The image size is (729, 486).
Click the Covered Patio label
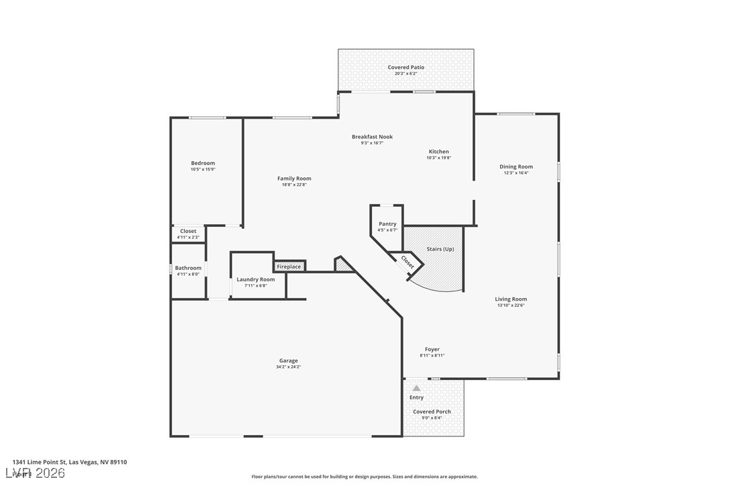tap(405, 67)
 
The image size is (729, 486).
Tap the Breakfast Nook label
tap(372, 137)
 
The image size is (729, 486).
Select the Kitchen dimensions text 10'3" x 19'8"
tap(438, 158)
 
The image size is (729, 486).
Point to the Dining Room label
tap(516, 166)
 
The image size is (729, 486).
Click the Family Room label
tap(294, 179)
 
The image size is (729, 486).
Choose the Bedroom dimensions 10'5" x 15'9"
tap(203, 169)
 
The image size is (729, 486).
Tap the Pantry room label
tap(387, 224)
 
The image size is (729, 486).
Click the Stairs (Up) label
tap(440, 249)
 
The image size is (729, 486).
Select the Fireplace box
tap(289, 266)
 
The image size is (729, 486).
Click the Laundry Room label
tap(255, 279)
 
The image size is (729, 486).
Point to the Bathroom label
tap(188, 268)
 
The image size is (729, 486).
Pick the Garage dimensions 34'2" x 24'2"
tap(288, 367)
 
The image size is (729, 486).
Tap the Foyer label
tap(432, 349)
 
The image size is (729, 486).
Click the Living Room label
tap(511, 299)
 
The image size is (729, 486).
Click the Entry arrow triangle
tap(416, 388)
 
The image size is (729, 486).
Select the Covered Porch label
tap(432, 411)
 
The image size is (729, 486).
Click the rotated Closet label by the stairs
tap(407, 261)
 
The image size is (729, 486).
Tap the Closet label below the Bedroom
tap(188, 231)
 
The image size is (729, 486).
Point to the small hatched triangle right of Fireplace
tap(344, 266)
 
